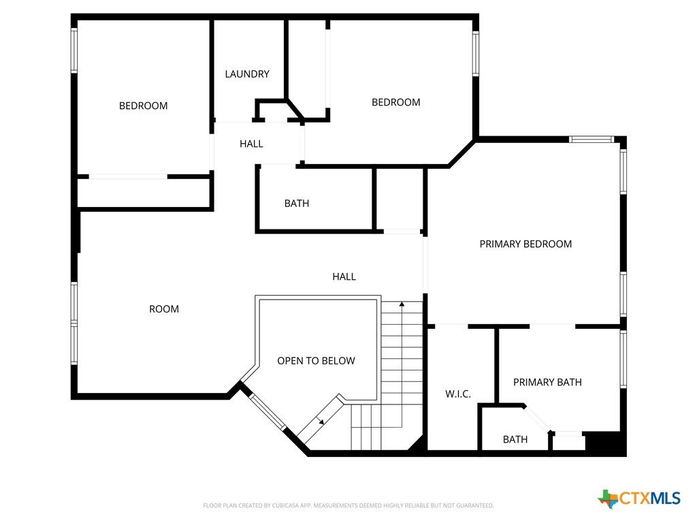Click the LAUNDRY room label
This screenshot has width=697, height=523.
(247, 74)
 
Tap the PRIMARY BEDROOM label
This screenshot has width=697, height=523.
(525, 244)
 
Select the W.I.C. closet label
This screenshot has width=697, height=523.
(458, 394)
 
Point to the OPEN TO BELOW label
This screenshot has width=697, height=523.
(316, 361)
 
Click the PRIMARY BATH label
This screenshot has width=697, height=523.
(547, 383)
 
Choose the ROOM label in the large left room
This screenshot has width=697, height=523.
(164, 309)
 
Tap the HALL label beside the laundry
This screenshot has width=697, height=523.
(251, 144)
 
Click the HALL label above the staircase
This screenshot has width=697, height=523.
(344, 276)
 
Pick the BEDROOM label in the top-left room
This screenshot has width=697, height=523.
(143, 106)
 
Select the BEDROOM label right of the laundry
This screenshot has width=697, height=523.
(395, 102)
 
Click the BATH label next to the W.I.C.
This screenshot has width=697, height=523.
(515, 439)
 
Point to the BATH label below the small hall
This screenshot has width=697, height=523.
(297, 203)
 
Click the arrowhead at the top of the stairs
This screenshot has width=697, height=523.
(402, 304)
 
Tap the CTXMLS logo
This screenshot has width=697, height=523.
(639, 498)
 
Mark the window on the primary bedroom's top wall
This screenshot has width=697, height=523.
(591, 139)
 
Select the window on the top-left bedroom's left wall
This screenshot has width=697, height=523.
(74, 50)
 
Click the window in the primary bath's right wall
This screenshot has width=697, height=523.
(623, 360)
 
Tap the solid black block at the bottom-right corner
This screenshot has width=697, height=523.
(604, 443)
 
